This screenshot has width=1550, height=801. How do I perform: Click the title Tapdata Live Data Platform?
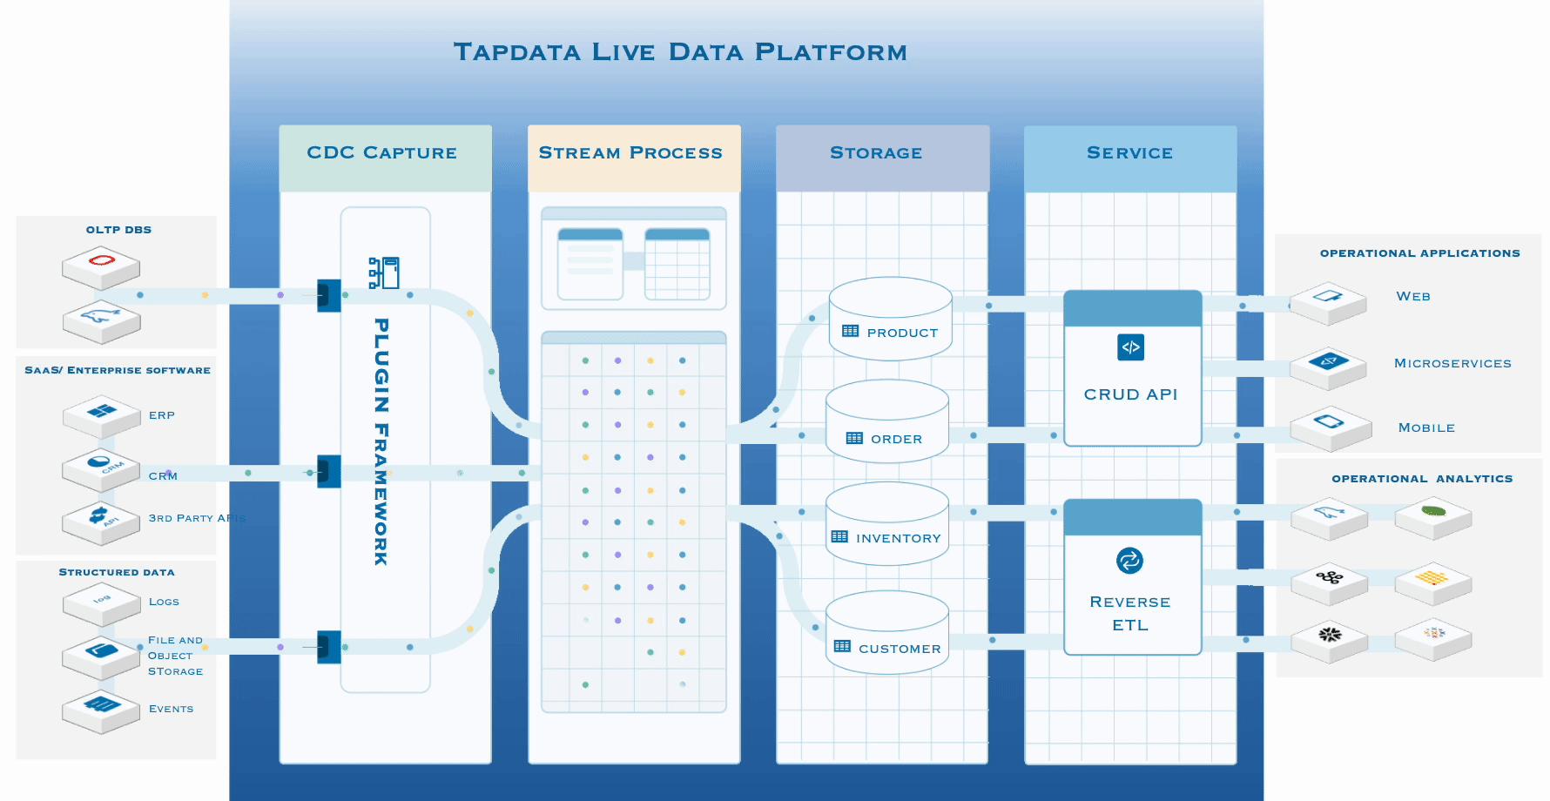click(x=680, y=52)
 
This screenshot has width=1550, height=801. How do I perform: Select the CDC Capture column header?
click(x=382, y=153)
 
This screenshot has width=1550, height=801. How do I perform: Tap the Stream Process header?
click(x=630, y=153)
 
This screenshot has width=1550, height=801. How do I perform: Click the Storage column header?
click(x=876, y=153)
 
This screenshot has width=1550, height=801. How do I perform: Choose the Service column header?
click(x=1129, y=153)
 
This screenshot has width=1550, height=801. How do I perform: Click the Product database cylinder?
click(x=890, y=320)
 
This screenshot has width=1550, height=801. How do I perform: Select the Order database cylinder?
click(x=886, y=422)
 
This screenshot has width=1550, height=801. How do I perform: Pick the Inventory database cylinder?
click(x=886, y=524)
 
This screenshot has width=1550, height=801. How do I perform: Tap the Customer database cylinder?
click(x=886, y=633)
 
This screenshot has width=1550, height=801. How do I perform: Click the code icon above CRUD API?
click(x=1130, y=347)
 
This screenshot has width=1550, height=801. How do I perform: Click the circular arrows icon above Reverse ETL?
click(x=1129, y=561)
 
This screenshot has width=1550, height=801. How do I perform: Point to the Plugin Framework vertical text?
click(x=381, y=441)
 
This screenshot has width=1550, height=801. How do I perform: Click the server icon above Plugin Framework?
click(x=384, y=273)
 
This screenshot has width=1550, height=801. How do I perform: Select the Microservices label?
click(x=1452, y=364)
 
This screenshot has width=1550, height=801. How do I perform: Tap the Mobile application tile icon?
click(x=1328, y=424)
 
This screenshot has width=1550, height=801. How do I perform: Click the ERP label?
click(x=162, y=415)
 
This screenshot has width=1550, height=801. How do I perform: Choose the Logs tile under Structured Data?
click(x=101, y=602)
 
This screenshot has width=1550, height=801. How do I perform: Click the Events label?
click(x=172, y=709)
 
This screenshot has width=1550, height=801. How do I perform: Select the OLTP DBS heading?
click(x=118, y=230)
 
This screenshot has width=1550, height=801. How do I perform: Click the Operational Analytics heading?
click(x=1421, y=479)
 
